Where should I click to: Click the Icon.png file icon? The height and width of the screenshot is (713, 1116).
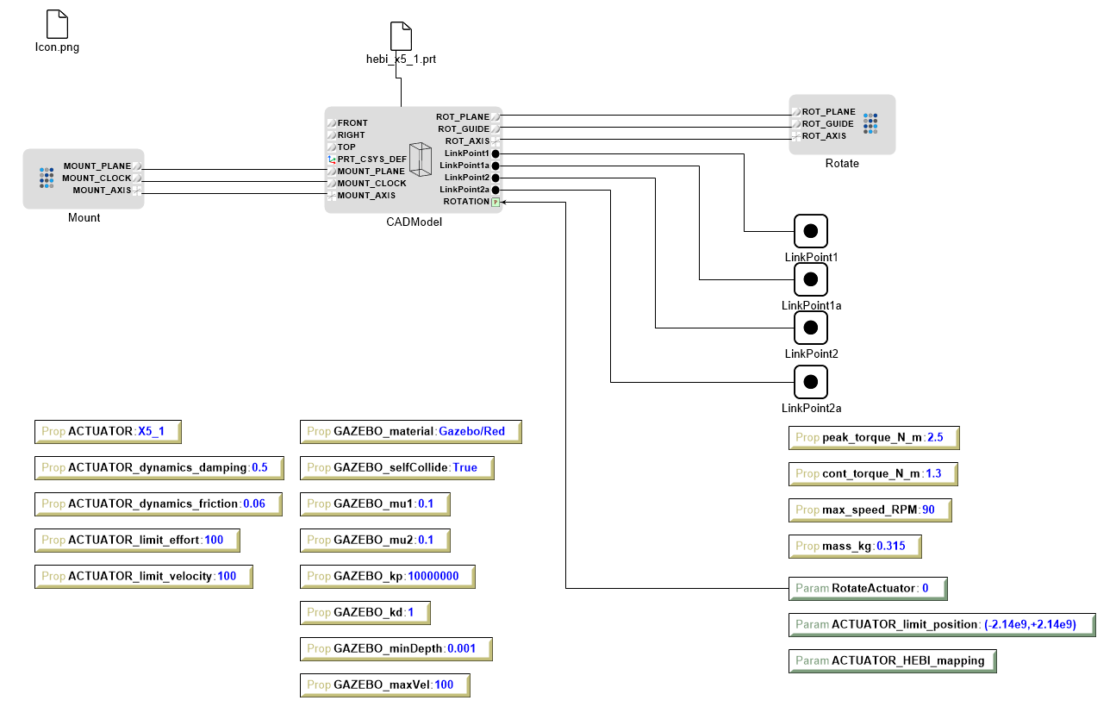tap(57, 24)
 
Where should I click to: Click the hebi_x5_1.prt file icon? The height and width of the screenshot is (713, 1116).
tap(402, 36)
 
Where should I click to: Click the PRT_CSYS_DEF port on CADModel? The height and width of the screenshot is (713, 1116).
tap(332, 159)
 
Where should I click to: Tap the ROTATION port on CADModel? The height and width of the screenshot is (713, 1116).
tap(495, 202)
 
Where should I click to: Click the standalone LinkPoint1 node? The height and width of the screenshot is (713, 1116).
tap(810, 231)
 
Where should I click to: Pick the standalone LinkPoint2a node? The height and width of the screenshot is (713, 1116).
tap(810, 382)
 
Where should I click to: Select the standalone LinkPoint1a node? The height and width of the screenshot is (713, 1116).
tap(810, 279)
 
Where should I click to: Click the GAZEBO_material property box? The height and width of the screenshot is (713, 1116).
tap(410, 431)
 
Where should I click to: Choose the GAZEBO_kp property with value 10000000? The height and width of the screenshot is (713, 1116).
tap(387, 576)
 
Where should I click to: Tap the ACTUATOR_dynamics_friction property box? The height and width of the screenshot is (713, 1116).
tap(158, 503)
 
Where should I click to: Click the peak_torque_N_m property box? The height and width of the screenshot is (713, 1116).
tap(873, 437)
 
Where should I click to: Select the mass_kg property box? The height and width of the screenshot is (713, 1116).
tap(854, 546)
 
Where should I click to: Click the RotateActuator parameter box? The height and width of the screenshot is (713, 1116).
tap(867, 589)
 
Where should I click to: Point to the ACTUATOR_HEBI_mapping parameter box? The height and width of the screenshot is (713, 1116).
tap(892, 660)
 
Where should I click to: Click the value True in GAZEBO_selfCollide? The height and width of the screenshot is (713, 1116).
tap(464, 467)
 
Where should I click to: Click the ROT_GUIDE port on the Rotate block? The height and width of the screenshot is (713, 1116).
tap(797, 123)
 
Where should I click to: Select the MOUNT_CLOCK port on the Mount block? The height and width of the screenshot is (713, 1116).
tap(137, 178)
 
